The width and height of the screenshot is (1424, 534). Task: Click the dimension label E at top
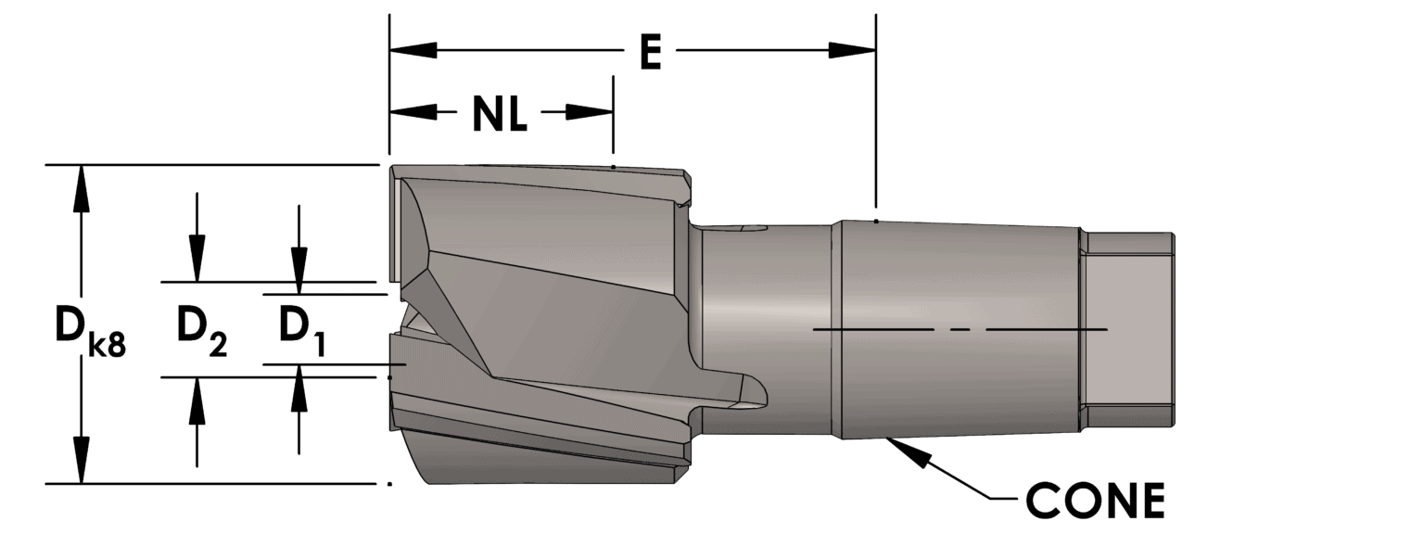[650, 52]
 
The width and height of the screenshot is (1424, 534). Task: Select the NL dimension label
[500, 113]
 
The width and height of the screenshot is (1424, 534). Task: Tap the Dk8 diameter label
[86, 331]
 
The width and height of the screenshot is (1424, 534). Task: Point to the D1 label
[301, 331]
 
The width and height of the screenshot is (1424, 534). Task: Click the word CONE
[1095, 501]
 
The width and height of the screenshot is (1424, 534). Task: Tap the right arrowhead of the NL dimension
[590, 112]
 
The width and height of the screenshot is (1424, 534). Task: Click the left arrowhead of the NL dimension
[412, 112]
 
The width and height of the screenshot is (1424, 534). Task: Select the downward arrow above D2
[197, 259]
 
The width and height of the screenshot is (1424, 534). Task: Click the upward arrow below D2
[197, 400]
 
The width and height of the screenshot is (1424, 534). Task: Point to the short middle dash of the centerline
[960, 330]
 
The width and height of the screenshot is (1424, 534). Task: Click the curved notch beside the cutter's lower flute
[749, 391]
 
